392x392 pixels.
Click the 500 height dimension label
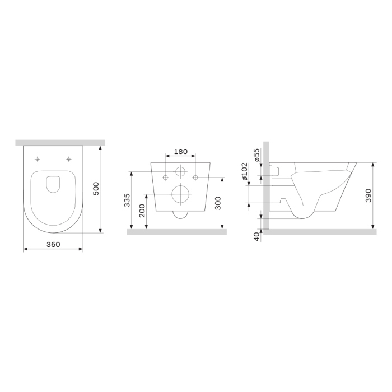(x=96, y=189)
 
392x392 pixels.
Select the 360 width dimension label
(x=53, y=245)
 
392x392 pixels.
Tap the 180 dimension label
(x=180, y=152)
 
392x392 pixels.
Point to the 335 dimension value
(x=127, y=200)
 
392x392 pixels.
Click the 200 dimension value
(x=142, y=210)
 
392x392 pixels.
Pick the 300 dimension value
(x=218, y=203)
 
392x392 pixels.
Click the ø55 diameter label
(x=256, y=156)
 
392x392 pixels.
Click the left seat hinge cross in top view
(x=38, y=159)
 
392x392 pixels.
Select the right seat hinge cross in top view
(x=68, y=159)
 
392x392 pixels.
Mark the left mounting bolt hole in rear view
(x=165, y=178)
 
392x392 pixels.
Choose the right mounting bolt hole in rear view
(x=195, y=178)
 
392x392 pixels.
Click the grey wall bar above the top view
(x=60, y=142)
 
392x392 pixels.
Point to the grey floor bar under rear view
(x=176, y=232)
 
